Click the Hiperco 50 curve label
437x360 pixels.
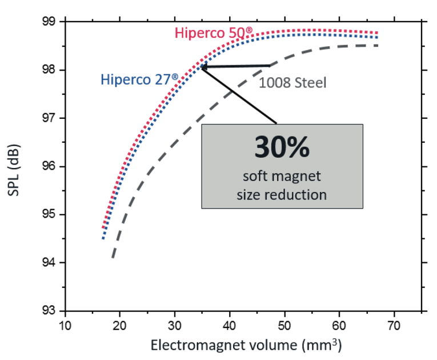pyautogui.click(x=213, y=33)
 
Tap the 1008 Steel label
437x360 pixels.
pyautogui.click(x=292, y=83)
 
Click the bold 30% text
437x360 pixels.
pyautogui.click(x=282, y=147)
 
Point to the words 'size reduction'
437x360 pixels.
pyautogui.click(x=282, y=194)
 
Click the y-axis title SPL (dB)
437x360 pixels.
pyautogui.click(x=15, y=166)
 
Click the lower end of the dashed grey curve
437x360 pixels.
pyautogui.click(x=113, y=257)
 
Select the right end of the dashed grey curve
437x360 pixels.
pyautogui.click(x=378, y=45)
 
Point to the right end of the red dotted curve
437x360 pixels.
pyautogui.click(x=378, y=33)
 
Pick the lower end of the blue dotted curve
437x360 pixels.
pyautogui.click(x=103, y=238)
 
